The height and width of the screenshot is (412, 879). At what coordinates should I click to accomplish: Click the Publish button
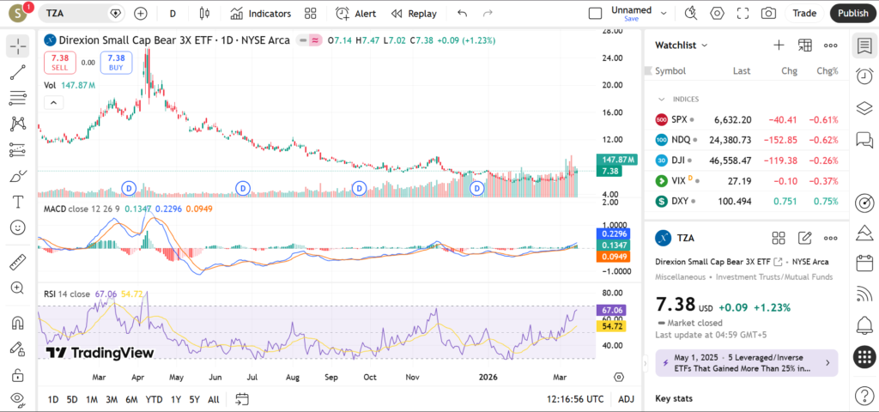coord(852,13)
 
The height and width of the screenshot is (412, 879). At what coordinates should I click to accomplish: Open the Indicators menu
coord(261,13)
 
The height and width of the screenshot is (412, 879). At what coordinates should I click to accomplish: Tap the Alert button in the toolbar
coord(356,13)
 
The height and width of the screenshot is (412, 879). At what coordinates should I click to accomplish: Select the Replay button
coord(414,13)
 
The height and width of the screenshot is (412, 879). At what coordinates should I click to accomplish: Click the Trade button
coord(804,13)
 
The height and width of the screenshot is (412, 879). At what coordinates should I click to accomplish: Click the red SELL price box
coord(60,62)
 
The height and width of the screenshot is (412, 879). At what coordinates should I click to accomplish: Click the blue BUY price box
coord(117,62)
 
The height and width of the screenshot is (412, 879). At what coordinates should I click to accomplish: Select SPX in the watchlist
coord(679,119)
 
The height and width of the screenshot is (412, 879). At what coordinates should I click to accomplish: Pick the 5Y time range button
coord(195,399)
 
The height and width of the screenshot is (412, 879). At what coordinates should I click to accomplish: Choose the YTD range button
coord(155,399)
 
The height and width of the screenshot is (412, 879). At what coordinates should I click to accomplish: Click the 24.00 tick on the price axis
coord(611,58)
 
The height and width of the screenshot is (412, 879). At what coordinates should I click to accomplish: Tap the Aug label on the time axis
coord(292,377)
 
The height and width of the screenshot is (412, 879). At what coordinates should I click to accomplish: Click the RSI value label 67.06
coord(612,310)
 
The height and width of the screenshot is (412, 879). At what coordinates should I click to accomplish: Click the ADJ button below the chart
coord(627,399)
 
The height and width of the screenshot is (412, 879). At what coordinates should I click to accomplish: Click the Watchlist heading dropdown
coord(682,45)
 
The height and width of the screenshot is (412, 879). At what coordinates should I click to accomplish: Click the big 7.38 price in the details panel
coord(674,306)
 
